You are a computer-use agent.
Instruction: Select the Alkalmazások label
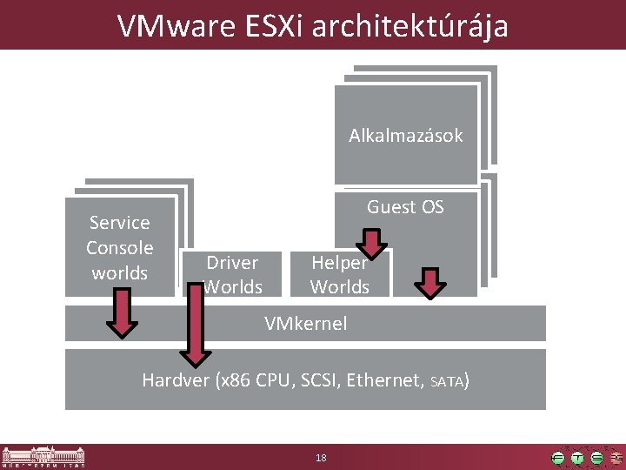(x=406, y=136)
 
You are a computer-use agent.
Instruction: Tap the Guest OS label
(x=405, y=207)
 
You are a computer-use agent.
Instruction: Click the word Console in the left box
(x=120, y=248)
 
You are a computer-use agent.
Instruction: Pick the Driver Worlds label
(x=232, y=274)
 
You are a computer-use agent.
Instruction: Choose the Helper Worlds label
(x=340, y=274)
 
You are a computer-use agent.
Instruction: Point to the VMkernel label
(x=305, y=324)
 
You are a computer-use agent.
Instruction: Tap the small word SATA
(x=447, y=381)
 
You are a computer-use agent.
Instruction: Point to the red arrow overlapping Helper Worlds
(x=371, y=244)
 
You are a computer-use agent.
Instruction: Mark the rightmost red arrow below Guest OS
(x=430, y=282)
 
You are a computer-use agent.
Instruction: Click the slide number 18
(x=321, y=458)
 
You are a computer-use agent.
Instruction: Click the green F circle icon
(x=558, y=458)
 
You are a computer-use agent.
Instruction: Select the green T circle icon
(x=577, y=458)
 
